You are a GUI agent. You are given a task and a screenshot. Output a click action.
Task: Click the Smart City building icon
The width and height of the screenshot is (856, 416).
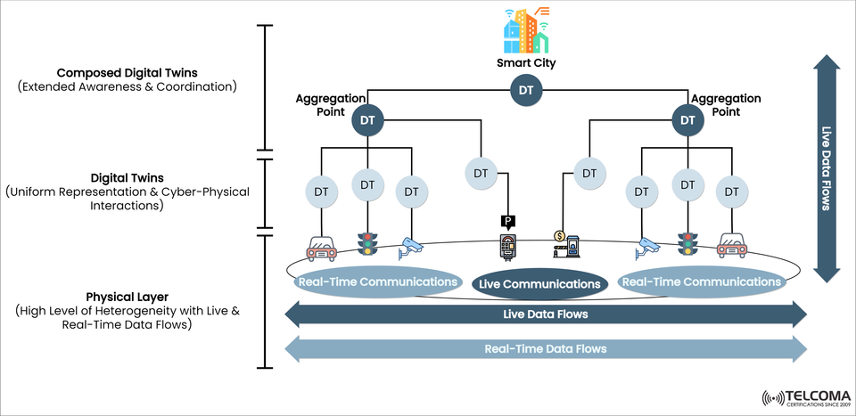coord(525,32)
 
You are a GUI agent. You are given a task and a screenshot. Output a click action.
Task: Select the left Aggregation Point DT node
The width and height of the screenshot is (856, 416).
coord(366,119)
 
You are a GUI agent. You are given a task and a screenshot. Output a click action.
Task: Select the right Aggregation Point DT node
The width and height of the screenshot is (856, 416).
coord(686,119)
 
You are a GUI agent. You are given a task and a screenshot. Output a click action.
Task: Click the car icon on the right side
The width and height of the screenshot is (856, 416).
coord(733,246)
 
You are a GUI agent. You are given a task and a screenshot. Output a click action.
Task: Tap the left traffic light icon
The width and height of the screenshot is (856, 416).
coord(366,244)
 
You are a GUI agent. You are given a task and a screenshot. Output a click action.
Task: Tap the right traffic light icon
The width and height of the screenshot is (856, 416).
coord(687,244)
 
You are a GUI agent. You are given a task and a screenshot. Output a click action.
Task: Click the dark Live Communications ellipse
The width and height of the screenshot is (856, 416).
coord(539,284)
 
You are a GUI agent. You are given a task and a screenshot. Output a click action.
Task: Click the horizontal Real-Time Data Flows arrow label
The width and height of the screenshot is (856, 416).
coord(545,348)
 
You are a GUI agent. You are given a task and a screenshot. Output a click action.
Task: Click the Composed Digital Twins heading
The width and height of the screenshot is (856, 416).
coord(127,72)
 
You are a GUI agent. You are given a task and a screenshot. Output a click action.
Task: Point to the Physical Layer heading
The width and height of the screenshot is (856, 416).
coord(127,296)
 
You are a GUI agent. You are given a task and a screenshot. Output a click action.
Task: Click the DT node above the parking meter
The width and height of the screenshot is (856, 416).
coord(481,173)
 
